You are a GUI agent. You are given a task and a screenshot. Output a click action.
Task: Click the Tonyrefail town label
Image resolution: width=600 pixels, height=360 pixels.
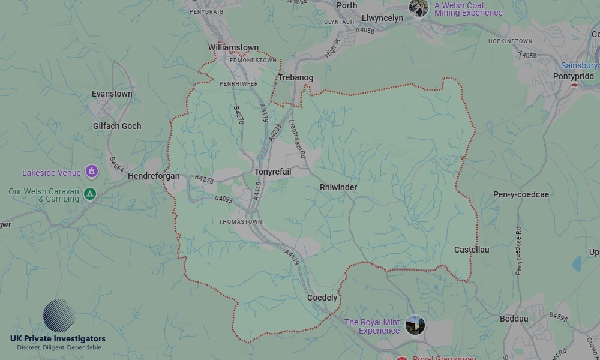coord(273,172)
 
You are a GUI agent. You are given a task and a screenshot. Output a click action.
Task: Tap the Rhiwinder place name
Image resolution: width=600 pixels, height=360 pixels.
coord(338,187)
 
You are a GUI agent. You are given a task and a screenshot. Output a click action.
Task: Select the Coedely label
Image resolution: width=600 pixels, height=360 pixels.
coord(322,298)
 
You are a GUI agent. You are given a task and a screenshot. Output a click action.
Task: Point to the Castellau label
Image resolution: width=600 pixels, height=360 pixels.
coord(471,250)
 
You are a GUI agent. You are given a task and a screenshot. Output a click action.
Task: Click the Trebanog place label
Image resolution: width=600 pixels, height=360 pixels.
coord(295,78)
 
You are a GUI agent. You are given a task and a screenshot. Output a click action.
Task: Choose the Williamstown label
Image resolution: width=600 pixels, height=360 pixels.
coord(233,47)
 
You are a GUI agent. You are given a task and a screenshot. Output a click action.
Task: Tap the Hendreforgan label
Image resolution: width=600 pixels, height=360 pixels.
coord(154,176)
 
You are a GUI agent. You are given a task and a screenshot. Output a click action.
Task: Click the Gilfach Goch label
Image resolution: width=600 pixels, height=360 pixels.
coord(117,126)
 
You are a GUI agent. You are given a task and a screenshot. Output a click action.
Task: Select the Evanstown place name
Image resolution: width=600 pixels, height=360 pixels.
coord(112,94)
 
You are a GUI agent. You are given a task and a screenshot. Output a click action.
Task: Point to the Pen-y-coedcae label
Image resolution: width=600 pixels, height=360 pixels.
coord(521,194)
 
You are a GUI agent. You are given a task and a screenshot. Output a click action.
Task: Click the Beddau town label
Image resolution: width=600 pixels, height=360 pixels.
coord(514,319)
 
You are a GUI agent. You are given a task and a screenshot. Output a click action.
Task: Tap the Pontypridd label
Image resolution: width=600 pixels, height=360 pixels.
coord(574,76)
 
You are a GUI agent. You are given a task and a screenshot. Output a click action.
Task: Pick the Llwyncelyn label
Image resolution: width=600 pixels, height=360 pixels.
coord(383,18)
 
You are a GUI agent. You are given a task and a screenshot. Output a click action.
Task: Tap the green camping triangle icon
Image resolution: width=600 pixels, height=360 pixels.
coord(89,194)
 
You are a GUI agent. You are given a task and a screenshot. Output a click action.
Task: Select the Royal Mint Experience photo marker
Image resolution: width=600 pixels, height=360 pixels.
coord(415,326)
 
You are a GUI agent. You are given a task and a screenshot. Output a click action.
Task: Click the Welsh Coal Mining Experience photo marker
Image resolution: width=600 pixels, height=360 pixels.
coord(419,8)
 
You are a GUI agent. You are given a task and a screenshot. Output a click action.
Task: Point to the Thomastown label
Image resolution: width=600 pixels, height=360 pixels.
coord(240,221)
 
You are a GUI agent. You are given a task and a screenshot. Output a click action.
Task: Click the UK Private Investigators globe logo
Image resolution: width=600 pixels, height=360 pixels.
coord(59,316)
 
